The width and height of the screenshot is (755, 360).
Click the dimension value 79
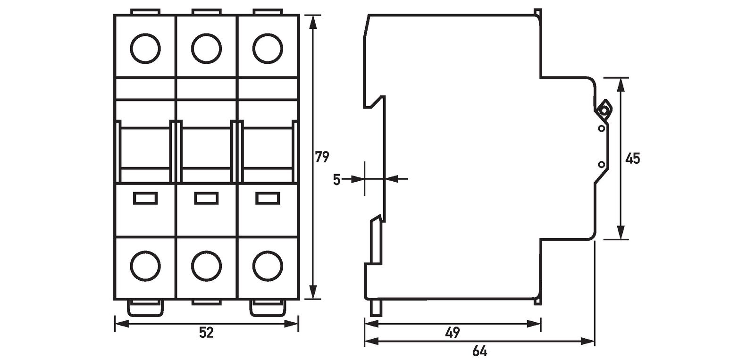coord(322,157)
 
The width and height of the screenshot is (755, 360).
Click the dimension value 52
coord(206,333)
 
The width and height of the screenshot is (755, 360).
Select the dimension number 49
coord(453,333)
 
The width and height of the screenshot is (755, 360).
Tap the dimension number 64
coord(479,352)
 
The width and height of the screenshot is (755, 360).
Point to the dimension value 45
coord(632,159)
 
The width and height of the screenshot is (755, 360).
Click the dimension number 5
coord(336,180)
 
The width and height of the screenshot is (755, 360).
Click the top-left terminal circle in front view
coord(145,48)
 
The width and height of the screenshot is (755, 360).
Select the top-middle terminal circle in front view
coord(206,48)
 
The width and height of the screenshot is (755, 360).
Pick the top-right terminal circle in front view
coord(268,48)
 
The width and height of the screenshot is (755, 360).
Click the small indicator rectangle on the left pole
coord(145,198)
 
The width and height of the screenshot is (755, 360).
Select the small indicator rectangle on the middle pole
coord(207,198)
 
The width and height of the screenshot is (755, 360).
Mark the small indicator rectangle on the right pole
coord(268,198)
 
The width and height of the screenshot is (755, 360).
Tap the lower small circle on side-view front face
coord(601,164)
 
